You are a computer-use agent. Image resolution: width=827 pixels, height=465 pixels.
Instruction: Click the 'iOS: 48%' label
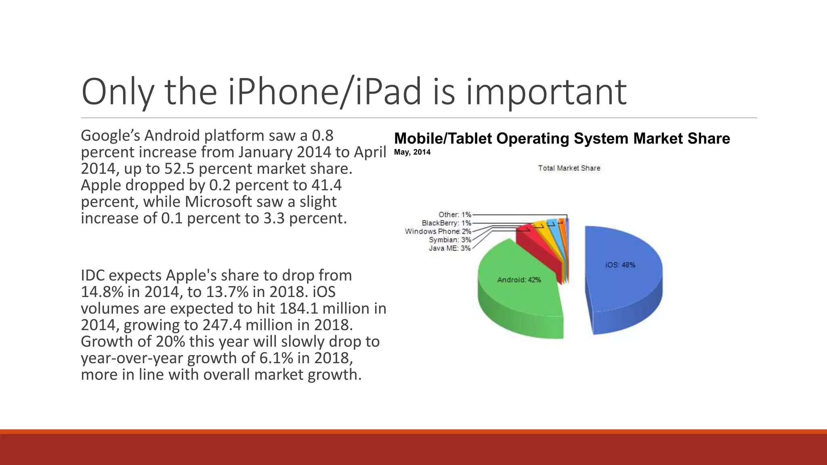click(x=620, y=265)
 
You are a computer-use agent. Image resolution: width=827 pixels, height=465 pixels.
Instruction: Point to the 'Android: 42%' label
click(x=519, y=280)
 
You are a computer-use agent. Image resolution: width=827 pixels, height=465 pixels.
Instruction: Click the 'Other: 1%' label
click(x=455, y=214)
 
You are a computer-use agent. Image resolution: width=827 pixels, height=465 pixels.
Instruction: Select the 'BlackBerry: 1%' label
click(x=446, y=223)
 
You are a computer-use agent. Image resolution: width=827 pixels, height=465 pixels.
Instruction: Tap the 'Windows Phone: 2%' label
click(x=438, y=231)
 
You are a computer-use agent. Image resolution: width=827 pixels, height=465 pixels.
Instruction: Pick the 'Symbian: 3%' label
click(x=450, y=240)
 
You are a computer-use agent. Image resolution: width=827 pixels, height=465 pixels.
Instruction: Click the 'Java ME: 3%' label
click(x=449, y=248)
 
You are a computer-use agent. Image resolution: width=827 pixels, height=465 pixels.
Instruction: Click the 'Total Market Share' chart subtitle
click(x=569, y=168)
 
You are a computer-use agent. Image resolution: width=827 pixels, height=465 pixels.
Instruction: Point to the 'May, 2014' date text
click(x=412, y=152)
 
